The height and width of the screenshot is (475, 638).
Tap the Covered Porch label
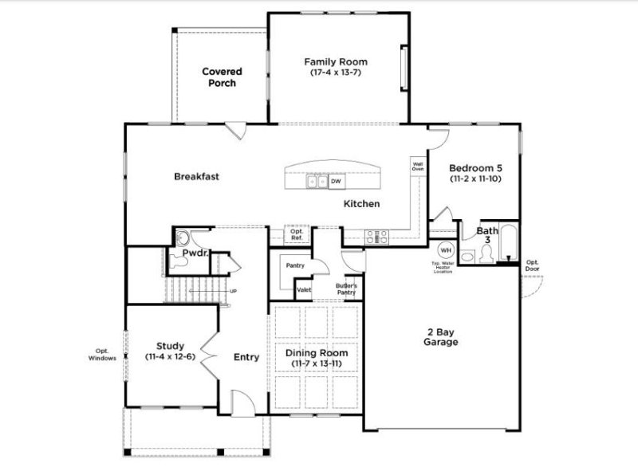222,77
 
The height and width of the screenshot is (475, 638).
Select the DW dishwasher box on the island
337,182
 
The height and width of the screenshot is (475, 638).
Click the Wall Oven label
418,167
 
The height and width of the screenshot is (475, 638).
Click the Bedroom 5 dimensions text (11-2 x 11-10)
476,180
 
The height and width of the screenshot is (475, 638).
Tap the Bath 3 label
487,235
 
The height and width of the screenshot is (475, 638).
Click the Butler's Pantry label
345,289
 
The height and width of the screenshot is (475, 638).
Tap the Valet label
304,290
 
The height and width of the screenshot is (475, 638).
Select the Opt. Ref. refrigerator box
297,236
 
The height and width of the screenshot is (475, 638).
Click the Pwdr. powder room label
195,253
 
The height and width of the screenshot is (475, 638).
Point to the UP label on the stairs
234,290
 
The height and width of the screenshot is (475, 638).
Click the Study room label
171,346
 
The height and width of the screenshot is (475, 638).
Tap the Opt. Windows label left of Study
102,355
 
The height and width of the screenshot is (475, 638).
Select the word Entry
246,357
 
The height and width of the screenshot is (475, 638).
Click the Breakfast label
196,176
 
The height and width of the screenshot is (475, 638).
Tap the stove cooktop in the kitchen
376,236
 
